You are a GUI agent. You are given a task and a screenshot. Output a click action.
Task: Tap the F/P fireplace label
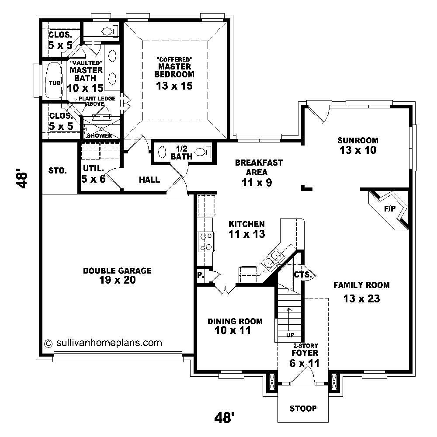coord(390,208)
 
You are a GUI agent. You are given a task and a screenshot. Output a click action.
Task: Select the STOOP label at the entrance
coord(303,409)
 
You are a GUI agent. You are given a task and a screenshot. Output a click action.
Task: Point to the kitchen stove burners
coord(205,242)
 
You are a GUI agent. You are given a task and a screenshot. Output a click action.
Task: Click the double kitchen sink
coord(272,258)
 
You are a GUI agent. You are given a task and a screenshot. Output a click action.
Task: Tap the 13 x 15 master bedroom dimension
coord(174,86)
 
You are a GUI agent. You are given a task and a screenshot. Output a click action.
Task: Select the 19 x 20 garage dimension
coord(117,280)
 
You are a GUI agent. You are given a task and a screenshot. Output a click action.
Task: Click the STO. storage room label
coord(58,170)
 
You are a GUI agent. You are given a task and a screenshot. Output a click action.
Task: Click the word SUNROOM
coord(357,140)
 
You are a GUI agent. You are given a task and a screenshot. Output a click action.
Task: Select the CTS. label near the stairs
coord(302,275)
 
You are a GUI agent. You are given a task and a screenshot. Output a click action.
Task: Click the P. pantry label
coord(201,275)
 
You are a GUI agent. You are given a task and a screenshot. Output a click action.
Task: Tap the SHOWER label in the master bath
coord(99,135)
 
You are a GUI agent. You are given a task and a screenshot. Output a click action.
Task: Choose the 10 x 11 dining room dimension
coord(233,330)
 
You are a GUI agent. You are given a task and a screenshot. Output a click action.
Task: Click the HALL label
coord(149,180)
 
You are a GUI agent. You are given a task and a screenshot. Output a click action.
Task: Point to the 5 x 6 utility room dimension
coord(93,178)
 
